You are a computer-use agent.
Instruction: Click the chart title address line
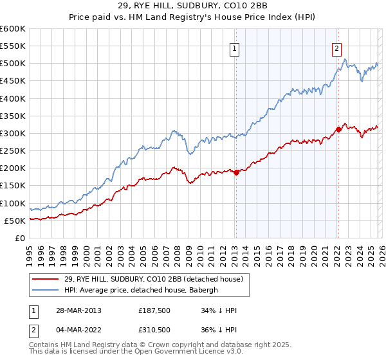tap(192, 6)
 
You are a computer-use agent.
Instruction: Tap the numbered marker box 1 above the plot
tap(235, 48)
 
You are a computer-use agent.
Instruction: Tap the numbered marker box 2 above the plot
tap(337, 48)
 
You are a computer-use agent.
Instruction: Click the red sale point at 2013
tap(236, 172)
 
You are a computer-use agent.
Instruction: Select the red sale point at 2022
tap(338, 129)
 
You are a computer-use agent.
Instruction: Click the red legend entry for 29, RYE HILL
tap(153, 279)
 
